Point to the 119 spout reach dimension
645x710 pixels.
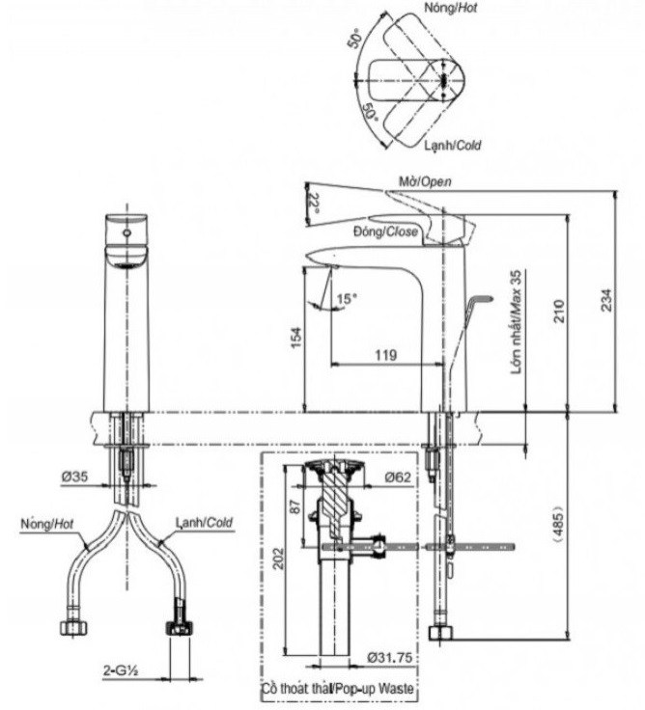pos(385,355)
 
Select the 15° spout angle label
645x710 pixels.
pos(345,299)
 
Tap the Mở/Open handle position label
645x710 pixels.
pos(424,181)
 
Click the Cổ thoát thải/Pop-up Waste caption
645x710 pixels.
pos(338,692)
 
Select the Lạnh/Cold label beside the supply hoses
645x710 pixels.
pos(204,521)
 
